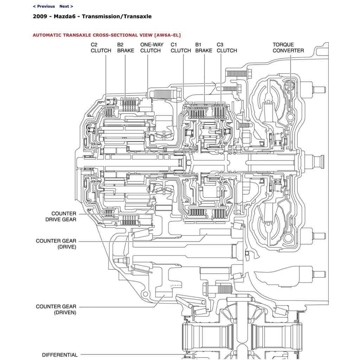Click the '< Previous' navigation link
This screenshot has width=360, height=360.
(44, 6)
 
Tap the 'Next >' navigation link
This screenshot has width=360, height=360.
(66, 6)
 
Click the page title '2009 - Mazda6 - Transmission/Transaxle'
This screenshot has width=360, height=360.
(92, 17)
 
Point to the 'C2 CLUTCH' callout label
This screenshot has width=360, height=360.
(101, 47)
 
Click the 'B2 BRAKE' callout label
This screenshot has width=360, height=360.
(126, 47)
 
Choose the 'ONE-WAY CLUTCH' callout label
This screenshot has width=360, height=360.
(150, 47)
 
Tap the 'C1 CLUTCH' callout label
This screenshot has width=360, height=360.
(181, 47)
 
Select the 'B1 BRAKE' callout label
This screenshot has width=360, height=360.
(204, 47)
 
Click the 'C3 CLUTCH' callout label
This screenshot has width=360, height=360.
(227, 47)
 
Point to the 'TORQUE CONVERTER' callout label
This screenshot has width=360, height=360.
(288, 47)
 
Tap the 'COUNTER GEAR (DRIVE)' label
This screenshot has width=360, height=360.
(56, 244)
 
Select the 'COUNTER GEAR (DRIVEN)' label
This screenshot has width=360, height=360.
(56, 309)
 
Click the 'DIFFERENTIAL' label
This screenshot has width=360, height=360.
(59, 355)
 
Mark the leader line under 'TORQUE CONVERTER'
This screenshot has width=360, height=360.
(291, 70)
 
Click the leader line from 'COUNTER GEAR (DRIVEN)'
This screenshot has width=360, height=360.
(116, 307)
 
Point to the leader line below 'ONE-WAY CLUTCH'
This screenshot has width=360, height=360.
(148, 70)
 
